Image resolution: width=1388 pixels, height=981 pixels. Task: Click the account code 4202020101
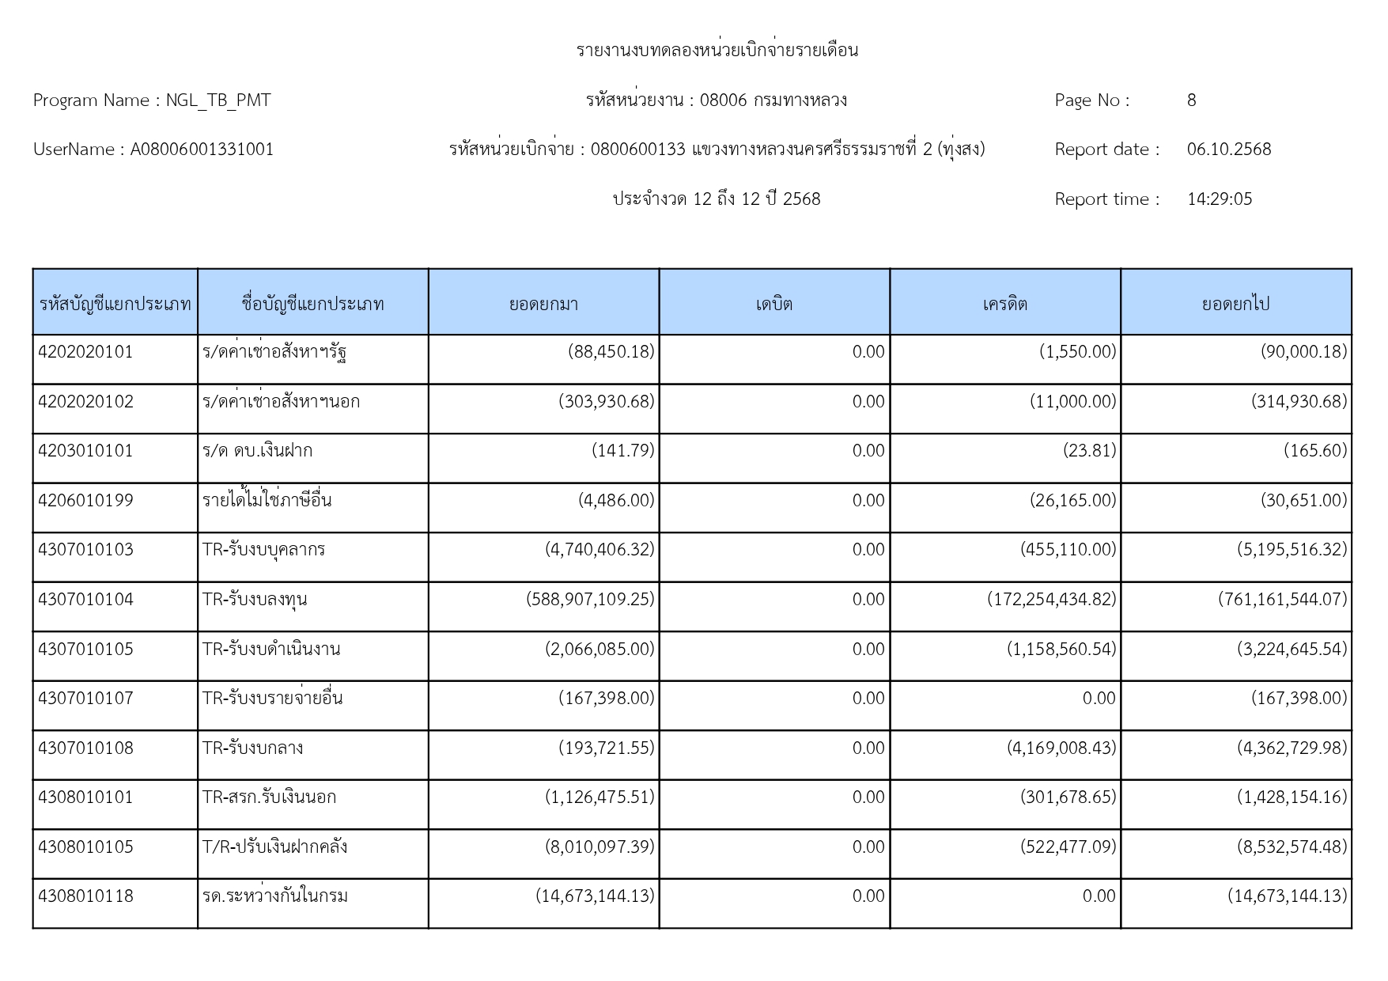(85, 352)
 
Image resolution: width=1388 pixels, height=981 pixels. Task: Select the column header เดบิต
(773, 304)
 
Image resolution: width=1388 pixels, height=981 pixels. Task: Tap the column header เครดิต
(1004, 304)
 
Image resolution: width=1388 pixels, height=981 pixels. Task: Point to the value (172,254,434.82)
(1051, 600)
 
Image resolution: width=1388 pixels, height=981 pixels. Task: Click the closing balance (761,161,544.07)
(1282, 600)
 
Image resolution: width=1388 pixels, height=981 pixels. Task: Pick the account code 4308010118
(85, 896)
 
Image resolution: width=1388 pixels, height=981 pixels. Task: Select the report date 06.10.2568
(1228, 150)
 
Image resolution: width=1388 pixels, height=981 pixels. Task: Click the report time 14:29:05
(1220, 199)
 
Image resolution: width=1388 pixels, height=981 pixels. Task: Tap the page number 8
(1191, 100)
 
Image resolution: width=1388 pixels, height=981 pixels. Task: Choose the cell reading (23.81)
(1089, 451)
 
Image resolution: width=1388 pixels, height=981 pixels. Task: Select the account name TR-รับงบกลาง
(252, 748)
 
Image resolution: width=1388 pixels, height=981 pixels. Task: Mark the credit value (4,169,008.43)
(1061, 748)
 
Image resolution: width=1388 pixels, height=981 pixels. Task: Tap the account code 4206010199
(85, 501)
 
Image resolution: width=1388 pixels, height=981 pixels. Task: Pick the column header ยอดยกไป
(1235, 304)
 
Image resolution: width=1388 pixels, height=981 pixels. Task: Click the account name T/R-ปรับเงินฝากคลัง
(274, 847)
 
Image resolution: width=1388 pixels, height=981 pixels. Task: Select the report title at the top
(717, 51)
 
